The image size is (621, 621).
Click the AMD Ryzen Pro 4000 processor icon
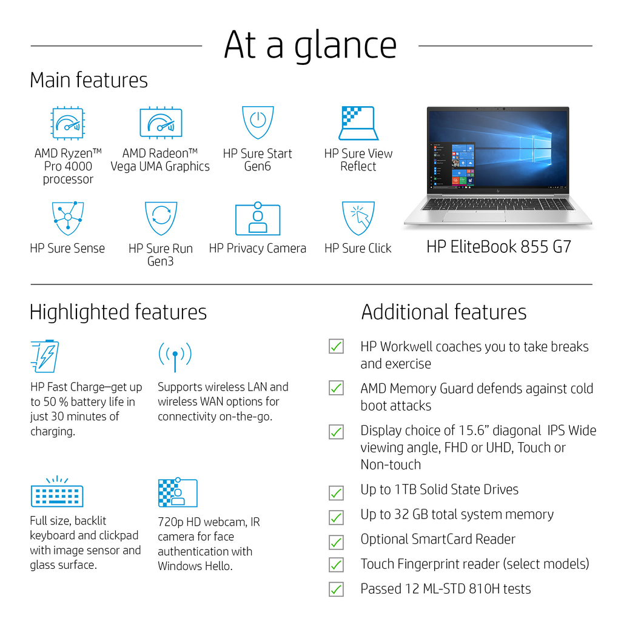[68, 123]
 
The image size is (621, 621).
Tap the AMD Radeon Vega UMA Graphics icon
[161, 123]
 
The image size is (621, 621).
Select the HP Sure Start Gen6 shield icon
[258, 123]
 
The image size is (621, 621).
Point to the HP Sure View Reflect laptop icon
[358, 123]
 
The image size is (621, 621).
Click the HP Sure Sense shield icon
[68, 218]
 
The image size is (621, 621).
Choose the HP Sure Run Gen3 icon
[161, 218]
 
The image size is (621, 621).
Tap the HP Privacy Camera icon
[258, 218]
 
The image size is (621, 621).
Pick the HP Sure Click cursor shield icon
[358, 218]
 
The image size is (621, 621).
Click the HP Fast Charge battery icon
[45, 356]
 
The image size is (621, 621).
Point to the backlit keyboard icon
[57, 491]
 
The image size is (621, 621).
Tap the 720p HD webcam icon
[178, 492]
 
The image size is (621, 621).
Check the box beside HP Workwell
[336, 346]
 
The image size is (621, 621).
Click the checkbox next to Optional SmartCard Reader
[336, 542]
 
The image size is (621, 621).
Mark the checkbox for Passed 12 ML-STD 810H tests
[336, 589]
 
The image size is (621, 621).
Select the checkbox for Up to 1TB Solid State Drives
[336, 493]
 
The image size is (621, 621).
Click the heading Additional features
[443, 312]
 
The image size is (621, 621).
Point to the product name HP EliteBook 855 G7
[498, 247]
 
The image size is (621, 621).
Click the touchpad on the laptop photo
[474, 217]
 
